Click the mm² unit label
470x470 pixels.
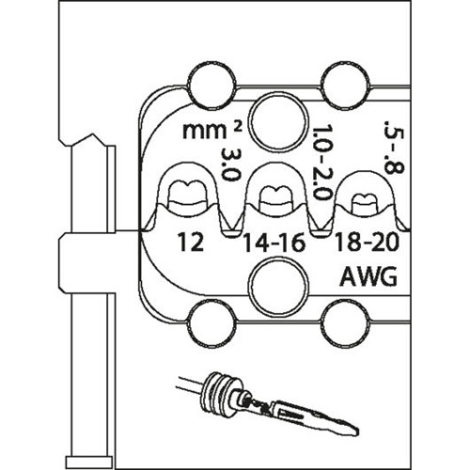(212, 131)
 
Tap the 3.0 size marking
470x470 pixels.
(230, 164)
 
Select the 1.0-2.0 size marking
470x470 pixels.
(322, 163)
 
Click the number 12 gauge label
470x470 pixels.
(191, 243)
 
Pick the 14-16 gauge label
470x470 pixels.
(274, 243)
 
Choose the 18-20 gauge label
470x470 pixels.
(367, 242)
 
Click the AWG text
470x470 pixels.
(368, 276)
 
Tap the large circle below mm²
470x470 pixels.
(278, 121)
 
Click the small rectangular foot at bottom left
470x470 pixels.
(89, 462)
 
